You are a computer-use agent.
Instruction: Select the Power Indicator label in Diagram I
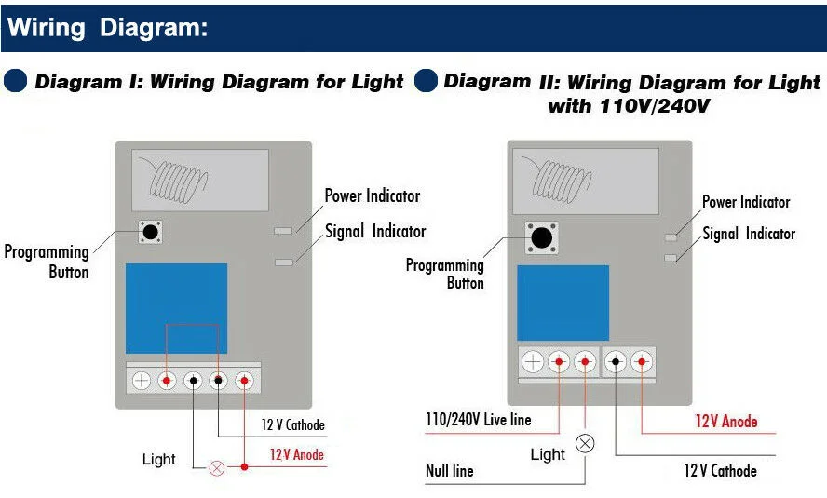coord(372,195)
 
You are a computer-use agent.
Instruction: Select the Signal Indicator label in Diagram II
coord(749,234)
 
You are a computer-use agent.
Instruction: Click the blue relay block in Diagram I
coord(176,308)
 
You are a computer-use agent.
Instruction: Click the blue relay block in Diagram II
coord(563,303)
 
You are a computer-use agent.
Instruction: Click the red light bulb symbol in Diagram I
coord(216,468)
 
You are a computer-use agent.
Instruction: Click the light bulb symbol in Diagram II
coord(585,443)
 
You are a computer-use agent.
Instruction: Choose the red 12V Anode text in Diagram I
coord(297,455)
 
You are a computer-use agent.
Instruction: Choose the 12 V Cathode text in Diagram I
coord(292,425)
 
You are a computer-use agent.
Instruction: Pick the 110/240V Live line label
coord(478,420)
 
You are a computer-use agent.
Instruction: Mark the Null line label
coord(450,470)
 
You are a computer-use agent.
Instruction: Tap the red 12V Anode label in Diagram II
coord(726,422)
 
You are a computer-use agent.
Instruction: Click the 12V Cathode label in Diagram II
coord(720,470)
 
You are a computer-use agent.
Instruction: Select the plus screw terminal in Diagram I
coord(142,380)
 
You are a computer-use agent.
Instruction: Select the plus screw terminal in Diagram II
coord(533,362)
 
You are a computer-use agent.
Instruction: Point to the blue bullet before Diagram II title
coord(426,81)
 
